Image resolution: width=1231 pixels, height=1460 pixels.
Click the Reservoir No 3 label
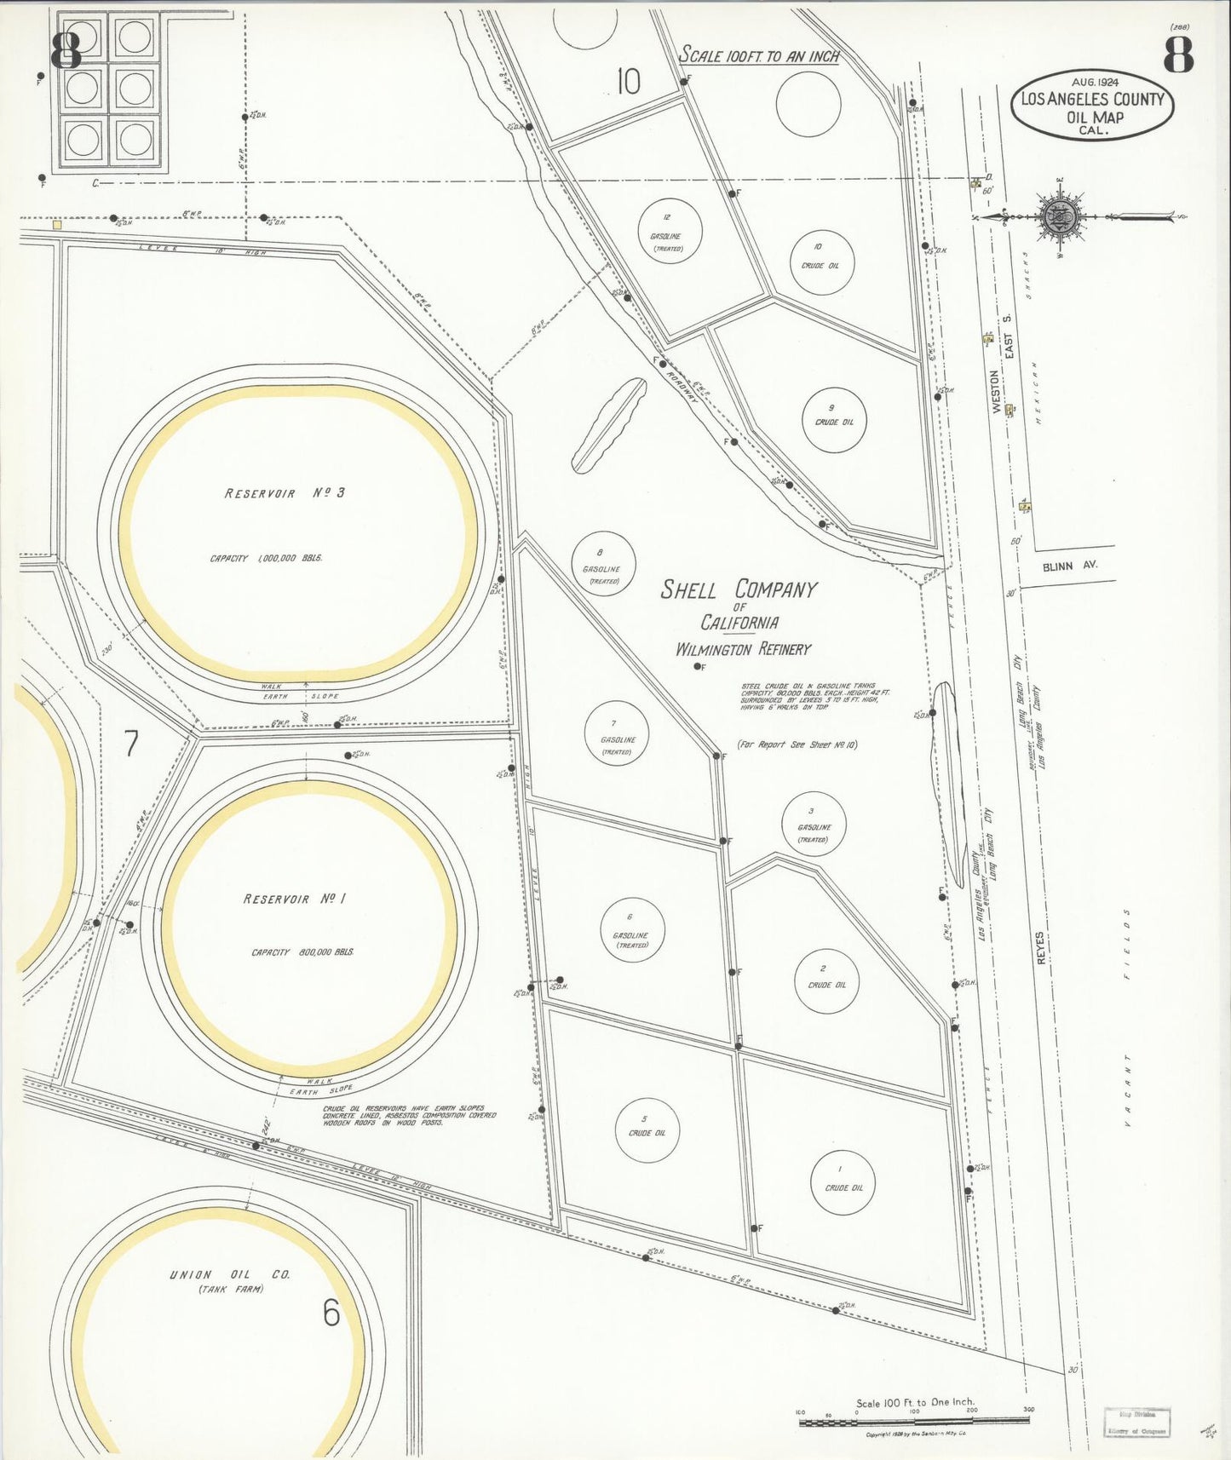(x=285, y=493)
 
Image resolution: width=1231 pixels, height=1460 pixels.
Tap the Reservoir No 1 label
(x=305, y=900)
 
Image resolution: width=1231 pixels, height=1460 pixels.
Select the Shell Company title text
(x=739, y=589)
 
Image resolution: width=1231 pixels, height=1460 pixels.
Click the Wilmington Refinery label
(x=743, y=649)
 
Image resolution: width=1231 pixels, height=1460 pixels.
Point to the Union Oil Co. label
(x=229, y=1275)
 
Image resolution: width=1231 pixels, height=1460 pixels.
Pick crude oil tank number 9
(x=834, y=419)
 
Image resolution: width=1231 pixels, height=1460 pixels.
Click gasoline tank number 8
(x=603, y=564)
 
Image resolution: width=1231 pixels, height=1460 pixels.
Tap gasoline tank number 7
(x=617, y=735)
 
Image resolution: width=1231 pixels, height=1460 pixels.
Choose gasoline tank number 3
(x=814, y=824)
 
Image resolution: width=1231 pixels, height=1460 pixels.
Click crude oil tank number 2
(x=825, y=981)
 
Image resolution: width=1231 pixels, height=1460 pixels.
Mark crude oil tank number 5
(x=647, y=1129)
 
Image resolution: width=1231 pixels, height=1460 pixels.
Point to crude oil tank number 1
(x=843, y=1182)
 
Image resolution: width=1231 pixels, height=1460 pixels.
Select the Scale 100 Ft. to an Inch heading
(x=759, y=56)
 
